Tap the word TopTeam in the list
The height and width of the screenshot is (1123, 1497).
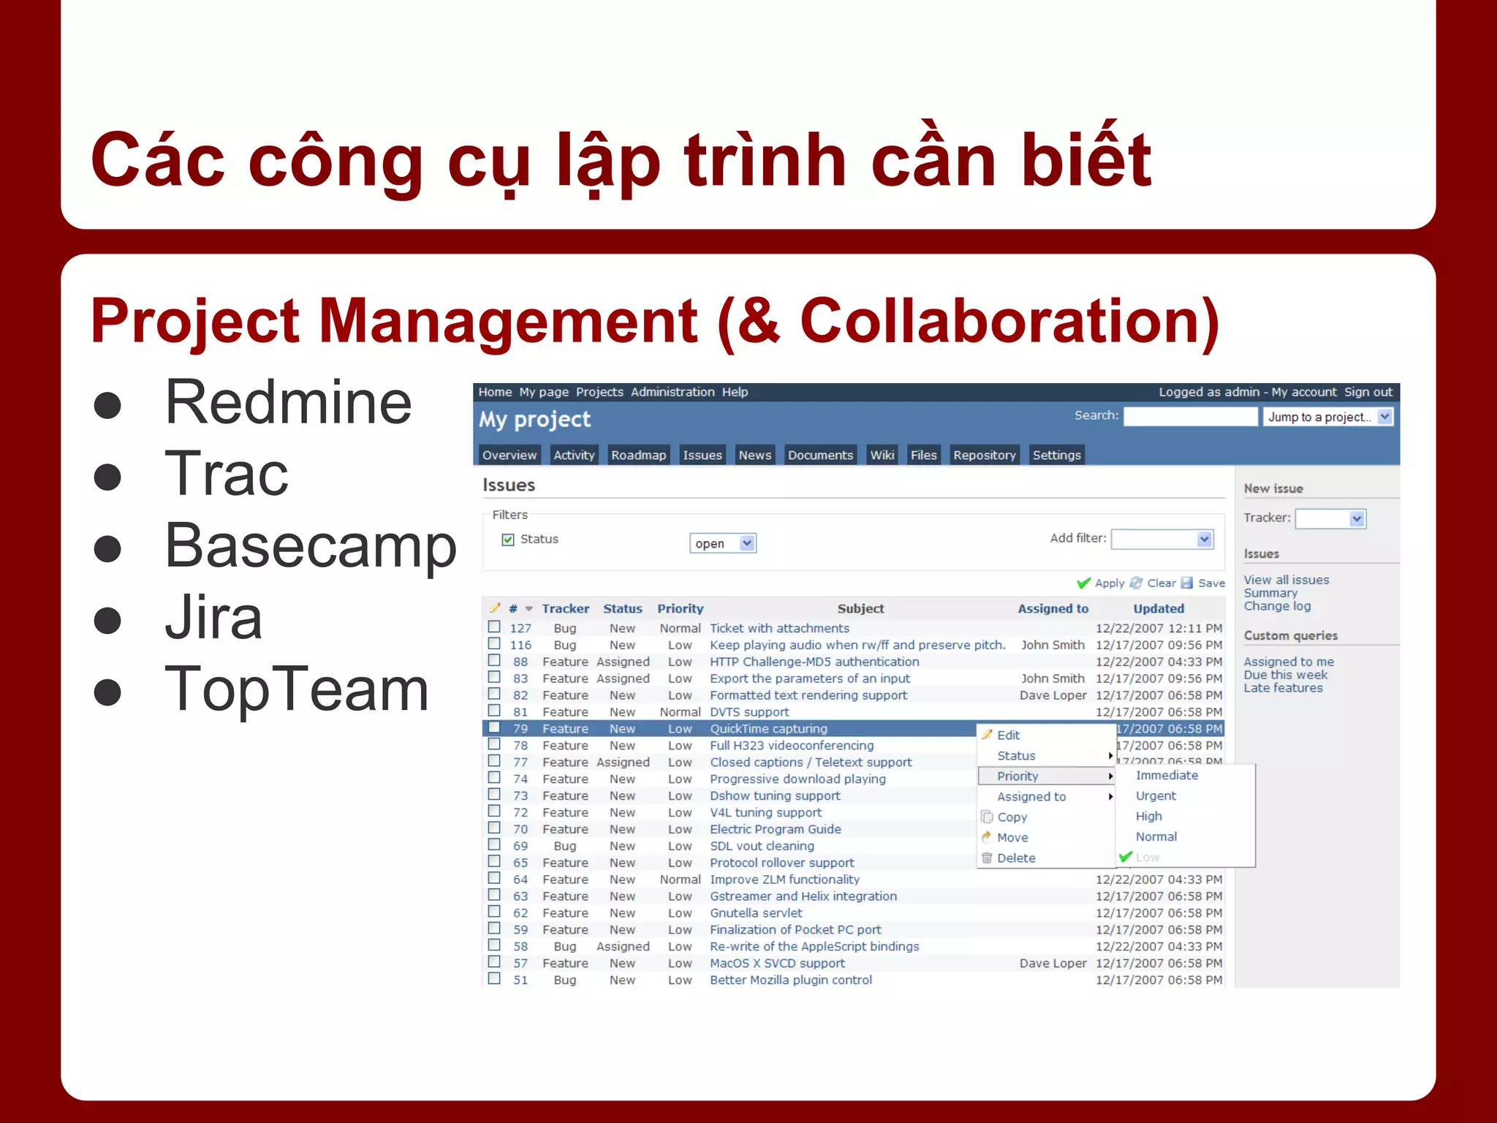(x=296, y=689)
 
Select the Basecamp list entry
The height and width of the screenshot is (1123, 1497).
(x=311, y=546)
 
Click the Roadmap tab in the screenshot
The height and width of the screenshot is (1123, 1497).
(x=638, y=455)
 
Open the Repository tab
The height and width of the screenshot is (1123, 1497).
(x=984, y=455)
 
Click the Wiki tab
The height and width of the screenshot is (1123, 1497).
(x=882, y=455)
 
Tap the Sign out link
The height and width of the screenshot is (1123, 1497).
(x=1368, y=392)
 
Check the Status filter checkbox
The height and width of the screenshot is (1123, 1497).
(x=508, y=540)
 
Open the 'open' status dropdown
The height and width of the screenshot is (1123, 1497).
(x=722, y=543)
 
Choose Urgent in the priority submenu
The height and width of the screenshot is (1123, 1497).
(x=1156, y=795)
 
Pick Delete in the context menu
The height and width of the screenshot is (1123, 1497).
(x=1016, y=858)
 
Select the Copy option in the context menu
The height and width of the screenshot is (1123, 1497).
(x=1012, y=817)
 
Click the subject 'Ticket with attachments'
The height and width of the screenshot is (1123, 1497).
(x=779, y=628)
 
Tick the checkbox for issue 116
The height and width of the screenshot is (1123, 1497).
(x=494, y=644)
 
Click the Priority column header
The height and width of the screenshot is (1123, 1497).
(x=680, y=608)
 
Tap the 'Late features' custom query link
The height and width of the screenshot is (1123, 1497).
(x=1283, y=688)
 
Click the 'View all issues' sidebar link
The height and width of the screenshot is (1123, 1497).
(x=1286, y=580)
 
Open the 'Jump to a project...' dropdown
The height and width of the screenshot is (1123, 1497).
(x=1327, y=417)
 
